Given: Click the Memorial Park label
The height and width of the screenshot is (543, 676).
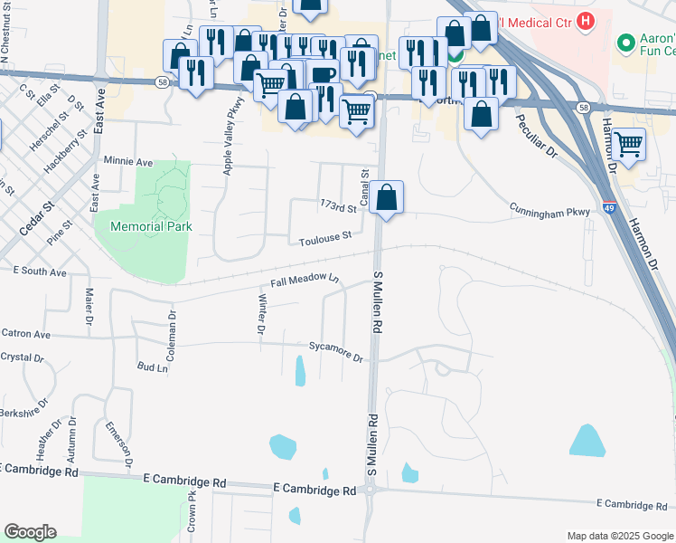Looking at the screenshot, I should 150,226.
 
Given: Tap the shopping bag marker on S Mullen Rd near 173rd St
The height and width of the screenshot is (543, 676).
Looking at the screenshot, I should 386,198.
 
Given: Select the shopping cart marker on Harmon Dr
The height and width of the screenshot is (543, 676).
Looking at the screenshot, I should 628,144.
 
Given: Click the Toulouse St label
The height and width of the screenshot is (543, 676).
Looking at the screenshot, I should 325,238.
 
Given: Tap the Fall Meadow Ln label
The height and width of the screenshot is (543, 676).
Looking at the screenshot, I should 304,280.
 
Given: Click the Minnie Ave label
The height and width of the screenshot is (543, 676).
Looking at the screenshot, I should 128,161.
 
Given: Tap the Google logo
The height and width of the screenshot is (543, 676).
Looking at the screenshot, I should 29,532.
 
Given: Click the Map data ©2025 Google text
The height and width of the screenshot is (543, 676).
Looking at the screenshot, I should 619,536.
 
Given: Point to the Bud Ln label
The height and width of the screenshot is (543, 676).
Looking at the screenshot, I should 152,367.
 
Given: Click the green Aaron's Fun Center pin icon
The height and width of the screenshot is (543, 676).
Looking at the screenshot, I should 624,43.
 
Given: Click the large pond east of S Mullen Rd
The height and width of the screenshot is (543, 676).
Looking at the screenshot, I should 587,440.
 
